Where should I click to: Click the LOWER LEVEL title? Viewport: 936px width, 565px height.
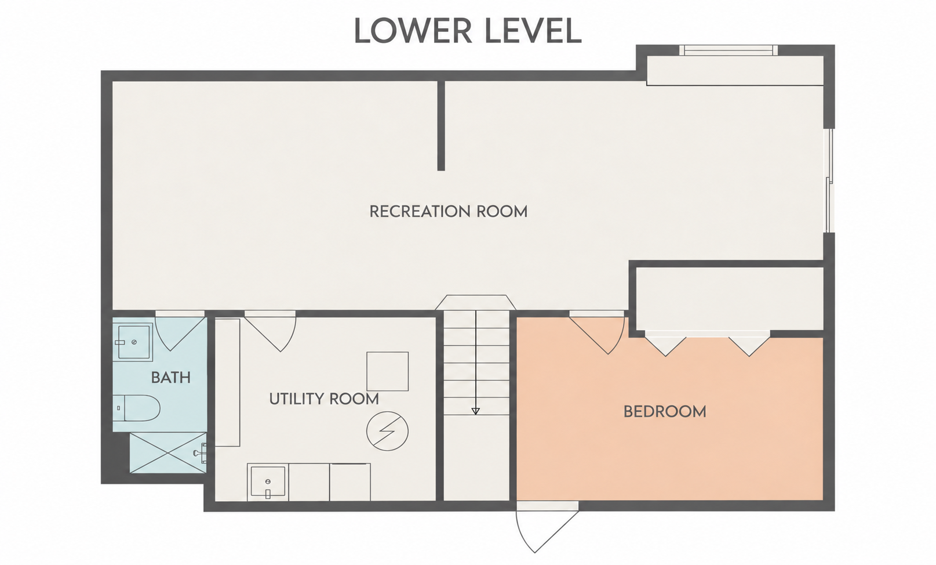pyautogui.click(x=468, y=31)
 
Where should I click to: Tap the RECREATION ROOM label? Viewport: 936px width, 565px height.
pyautogui.click(x=449, y=212)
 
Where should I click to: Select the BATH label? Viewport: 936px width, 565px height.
pyautogui.click(x=171, y=378)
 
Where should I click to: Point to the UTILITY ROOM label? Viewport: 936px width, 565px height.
pyautogui.click(x=324, y=399)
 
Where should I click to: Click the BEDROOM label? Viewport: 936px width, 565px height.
pyautogui.click(x=665, y=412)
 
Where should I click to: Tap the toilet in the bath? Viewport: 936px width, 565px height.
pyautogui.click(x=137, y=408)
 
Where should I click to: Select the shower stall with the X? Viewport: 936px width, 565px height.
pyautogui.click(x=168, y=453)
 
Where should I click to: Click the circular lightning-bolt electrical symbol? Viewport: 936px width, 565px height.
pyautogui.click(x=387, y=431)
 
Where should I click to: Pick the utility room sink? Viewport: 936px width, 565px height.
pyautogui.click(x=268, y=482)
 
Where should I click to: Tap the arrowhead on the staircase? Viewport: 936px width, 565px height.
pyautogui.click(x=475, y=411)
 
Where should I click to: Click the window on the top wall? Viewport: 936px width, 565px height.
pyautogui.click(x=729, y=50)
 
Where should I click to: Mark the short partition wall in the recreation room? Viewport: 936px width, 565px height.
pyautogui.click(x=441, y=125)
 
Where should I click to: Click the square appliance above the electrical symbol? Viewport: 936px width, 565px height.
pyautogui.click(x=387, y=371)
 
